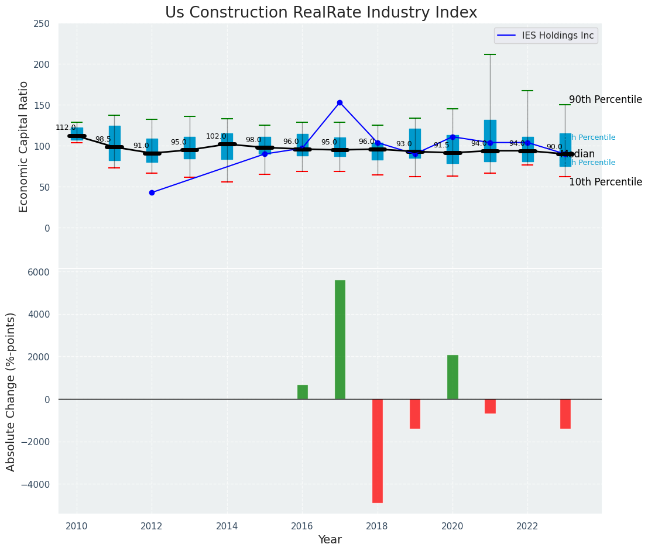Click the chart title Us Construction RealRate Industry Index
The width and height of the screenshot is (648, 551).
click(321, 13)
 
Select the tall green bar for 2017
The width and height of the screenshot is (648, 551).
click(340, 339)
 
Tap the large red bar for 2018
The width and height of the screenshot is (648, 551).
click(378, 450)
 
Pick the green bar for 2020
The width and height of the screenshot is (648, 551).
click(452, 377)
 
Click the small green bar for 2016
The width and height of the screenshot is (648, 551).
click(303, 392)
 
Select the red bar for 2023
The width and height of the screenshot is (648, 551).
click(565, 414)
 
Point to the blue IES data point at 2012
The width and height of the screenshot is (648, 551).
click(152, 192)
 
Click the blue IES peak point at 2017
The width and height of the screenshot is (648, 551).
click(340, 102)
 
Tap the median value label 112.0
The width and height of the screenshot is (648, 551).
click(66, 128)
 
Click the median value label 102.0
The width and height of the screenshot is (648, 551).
click(216, 136)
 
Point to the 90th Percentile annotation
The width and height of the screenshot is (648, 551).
click(605, 99)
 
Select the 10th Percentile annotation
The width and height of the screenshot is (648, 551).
click(605, 182)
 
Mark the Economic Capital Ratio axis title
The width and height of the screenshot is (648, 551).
click(24, 146)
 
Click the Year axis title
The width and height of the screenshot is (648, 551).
click(330, 540)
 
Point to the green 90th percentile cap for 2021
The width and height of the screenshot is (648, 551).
click(490, 54)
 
